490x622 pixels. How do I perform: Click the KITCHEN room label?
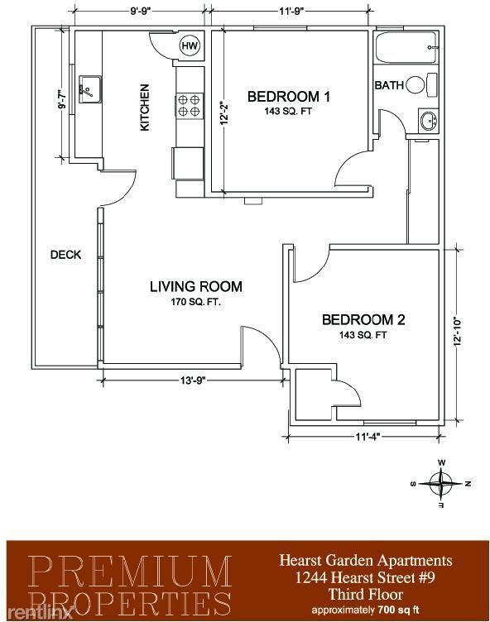[x=145, y=108]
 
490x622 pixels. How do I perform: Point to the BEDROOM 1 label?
[x=289, y=97]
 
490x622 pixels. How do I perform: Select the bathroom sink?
[x=428, y=122]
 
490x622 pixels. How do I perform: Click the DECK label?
[x=65, y=255]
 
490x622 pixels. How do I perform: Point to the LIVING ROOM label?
[x=195, y=287]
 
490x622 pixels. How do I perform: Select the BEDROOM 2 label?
[x=364, y=320]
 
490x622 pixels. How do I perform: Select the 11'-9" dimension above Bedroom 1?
[x=289, y=12]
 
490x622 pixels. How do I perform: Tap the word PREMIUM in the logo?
[x=129, y=569]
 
